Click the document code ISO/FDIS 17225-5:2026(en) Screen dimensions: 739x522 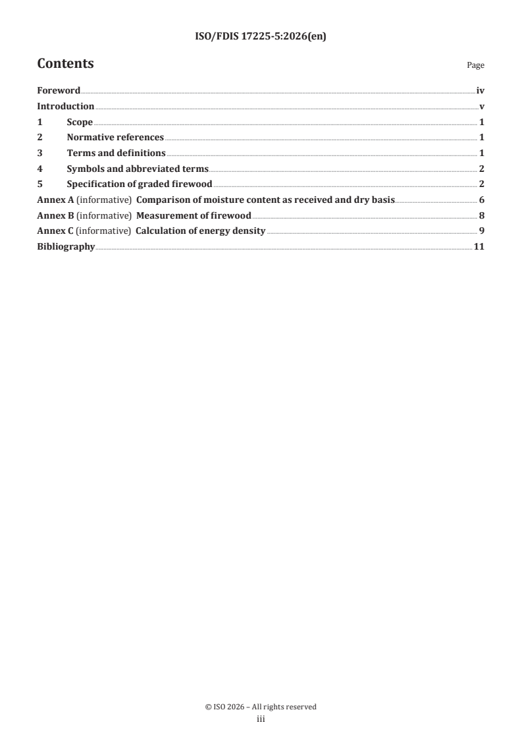pyautogui.click(x=261, y=37)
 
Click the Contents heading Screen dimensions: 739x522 pyautogui.click(x=65, y=64)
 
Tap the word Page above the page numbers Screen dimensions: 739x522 pyautogui.click(x=475, y=66)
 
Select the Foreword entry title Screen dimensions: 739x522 pyautogui.click(x=59, y=91)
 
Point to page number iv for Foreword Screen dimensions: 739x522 pyautogui.click(x=481, y=91)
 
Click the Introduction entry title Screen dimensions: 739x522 pyautogui.click(x=65, y=107)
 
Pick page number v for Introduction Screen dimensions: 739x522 pyautogui.click(x=483, y=107)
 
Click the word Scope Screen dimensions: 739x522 pyautogui.click(x=80, y=122)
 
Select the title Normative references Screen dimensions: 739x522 pyautogui.click(x=115, y=138)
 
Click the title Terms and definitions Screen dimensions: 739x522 pyautogui.click(x=116, y=153)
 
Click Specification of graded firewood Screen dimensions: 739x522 pyautogui.click(x=139, y=184)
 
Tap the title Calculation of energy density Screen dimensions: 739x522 pyautogui.click(x=200, y=232)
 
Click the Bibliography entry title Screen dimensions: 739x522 pyautogui.click(x=66, y=248)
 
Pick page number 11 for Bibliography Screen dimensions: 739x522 pyautogui.click(x=480, y=248)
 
